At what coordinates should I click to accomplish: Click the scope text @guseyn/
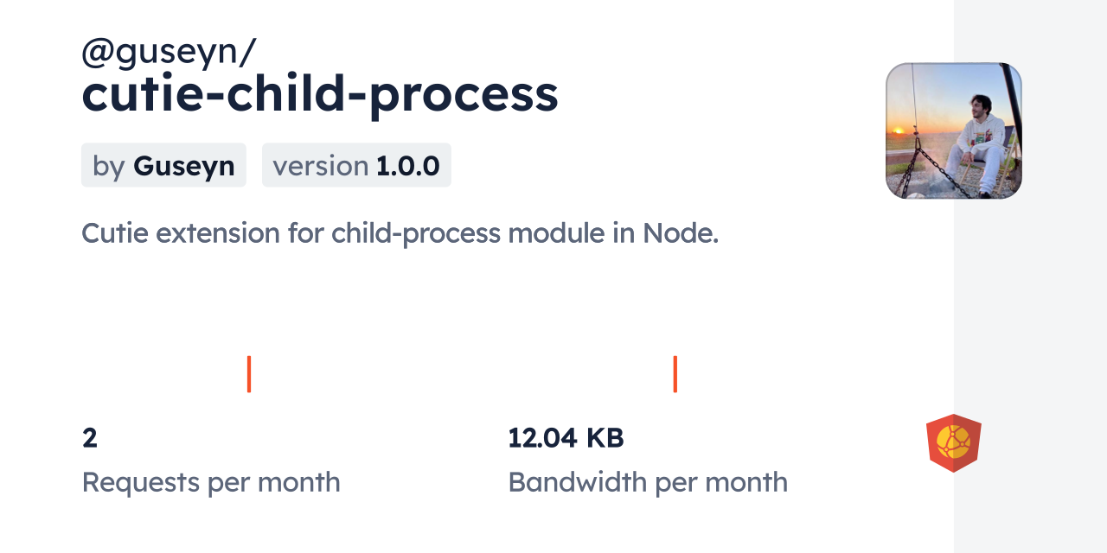point(168,53)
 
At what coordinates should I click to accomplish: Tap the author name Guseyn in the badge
point(183,166)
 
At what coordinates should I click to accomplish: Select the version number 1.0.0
point(408,166)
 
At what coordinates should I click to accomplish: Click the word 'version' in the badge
point(320,166)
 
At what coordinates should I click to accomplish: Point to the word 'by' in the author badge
point(109,166)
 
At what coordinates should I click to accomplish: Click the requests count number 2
point(90,438)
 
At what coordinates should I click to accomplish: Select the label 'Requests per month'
point(211,482)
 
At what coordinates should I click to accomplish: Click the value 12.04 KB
point(566,438)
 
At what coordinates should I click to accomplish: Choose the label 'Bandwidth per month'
point(648,482)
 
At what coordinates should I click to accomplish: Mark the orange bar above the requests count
point(249,374)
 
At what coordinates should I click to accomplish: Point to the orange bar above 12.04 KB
point(675,374)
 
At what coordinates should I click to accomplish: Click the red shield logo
point(953,442)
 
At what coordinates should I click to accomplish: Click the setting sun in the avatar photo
point(897,131)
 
